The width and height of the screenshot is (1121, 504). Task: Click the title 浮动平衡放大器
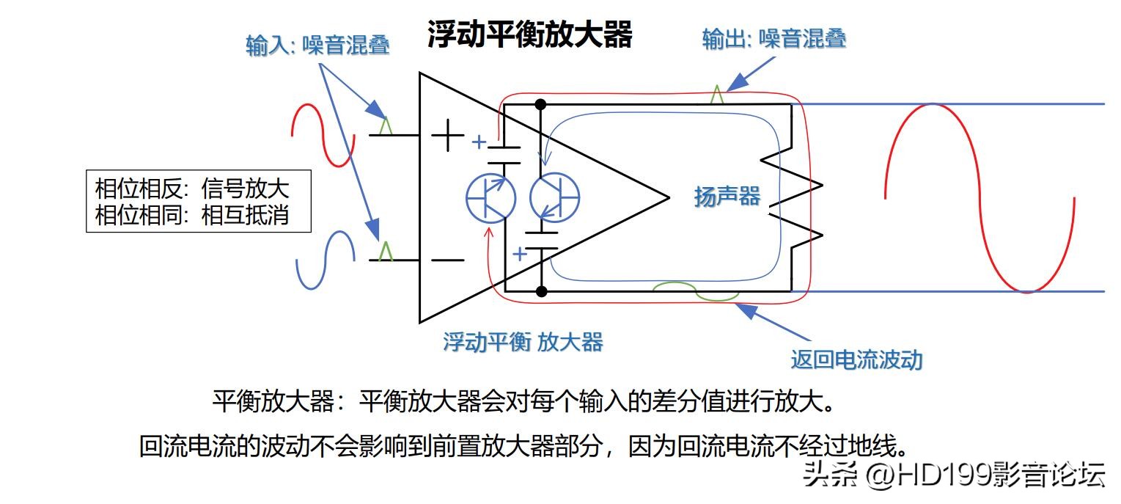[529, 34]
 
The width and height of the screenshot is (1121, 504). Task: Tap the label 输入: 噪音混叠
[317, 45]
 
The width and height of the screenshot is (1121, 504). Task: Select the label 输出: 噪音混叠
[774, 38]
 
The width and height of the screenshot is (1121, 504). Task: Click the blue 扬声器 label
[727, 196]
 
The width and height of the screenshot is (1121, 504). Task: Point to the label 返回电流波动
[856, 359]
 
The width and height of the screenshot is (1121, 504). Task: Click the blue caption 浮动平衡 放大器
[523, 341]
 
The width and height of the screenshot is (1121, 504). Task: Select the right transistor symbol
[555, 197]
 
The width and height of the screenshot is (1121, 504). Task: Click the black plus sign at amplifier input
[446, 136]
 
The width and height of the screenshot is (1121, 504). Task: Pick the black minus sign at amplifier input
[446, 260]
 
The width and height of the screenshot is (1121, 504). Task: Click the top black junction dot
[541, 103]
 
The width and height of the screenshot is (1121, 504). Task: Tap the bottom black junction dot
[541, 292]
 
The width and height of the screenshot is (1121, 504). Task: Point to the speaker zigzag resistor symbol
[793, 197]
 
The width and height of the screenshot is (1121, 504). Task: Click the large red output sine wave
[980, 198]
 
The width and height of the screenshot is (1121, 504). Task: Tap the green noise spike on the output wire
[717, 95]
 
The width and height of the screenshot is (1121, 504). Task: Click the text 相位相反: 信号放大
[192, 189]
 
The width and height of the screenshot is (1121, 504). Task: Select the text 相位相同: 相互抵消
[192, 216]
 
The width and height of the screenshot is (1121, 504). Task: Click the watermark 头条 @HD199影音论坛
[954, 475]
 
